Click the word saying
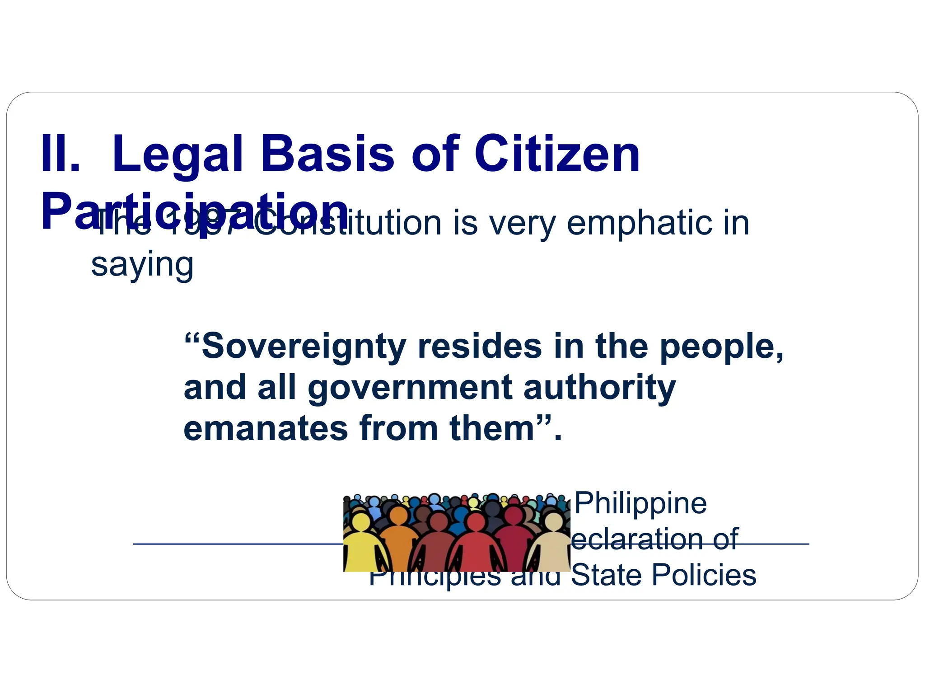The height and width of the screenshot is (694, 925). tap(142, 265)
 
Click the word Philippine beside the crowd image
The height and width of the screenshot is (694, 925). tap(640, 504)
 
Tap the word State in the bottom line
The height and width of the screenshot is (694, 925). tap(605, 575)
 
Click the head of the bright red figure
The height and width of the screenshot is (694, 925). tap(476, 523)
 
